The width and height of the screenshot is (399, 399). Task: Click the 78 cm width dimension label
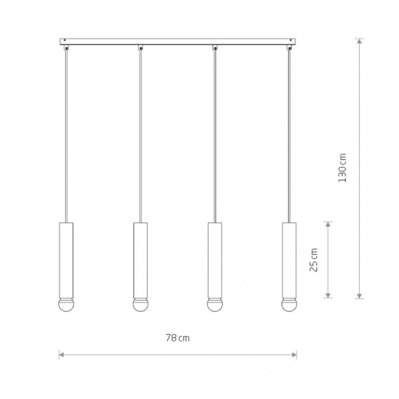pos(177,338)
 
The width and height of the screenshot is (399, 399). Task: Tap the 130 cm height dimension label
pos(342,168)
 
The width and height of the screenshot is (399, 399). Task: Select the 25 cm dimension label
pos(314,260)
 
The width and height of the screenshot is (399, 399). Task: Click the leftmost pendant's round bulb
pos(66,305)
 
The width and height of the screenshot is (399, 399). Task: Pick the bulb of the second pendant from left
pos(140,305)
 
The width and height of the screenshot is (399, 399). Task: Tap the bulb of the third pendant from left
pos(215,305)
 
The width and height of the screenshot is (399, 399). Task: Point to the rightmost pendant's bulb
pos(289,305)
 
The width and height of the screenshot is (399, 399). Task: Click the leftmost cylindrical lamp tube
pos(66,260)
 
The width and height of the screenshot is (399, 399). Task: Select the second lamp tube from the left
pos(140,260)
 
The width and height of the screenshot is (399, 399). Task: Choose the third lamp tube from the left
pos(215,260)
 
